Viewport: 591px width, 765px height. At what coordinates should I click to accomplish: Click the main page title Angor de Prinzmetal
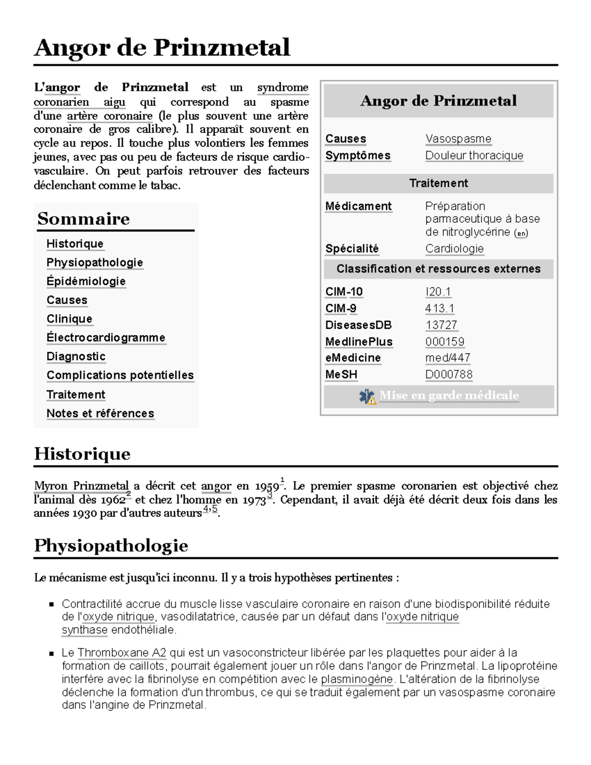coord(162,48)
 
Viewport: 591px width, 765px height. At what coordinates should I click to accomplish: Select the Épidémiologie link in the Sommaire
coord(86,281)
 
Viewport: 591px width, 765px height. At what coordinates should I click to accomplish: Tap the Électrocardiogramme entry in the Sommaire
coord(106,338)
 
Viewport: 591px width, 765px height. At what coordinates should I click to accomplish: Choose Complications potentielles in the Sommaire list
coord(120,375)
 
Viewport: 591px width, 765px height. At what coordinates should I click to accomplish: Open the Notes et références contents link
coord(100,414)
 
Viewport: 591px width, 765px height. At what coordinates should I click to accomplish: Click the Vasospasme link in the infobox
coord(458,139)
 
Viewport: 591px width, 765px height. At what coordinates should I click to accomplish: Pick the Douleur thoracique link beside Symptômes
coord(474,156)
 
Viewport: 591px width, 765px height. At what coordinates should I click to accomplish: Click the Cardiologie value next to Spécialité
coord(454,249)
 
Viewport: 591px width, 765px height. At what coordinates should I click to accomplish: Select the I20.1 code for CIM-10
coord(438,292)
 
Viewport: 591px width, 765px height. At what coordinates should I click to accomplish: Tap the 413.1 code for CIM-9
coord(440,309)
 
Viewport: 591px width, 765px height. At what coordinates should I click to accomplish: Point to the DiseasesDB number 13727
coord(441,325)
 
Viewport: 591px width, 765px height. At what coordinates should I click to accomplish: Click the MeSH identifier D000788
coord(449,375)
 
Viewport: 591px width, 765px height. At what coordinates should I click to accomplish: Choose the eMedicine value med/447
coord(448,358)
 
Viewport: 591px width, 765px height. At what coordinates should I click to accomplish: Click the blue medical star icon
coord(367,397)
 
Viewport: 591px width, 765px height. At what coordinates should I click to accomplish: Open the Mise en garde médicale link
coord(449,396)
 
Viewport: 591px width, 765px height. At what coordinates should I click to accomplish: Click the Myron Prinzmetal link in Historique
coord(81,486)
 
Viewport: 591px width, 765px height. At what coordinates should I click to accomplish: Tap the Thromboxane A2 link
coord(122,653)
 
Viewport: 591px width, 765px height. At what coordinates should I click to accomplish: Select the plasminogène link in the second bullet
coord(357,679)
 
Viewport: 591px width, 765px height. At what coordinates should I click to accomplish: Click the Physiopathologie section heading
coord(111,546)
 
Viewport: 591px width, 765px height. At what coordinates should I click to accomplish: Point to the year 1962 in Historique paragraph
coord(113,500)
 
